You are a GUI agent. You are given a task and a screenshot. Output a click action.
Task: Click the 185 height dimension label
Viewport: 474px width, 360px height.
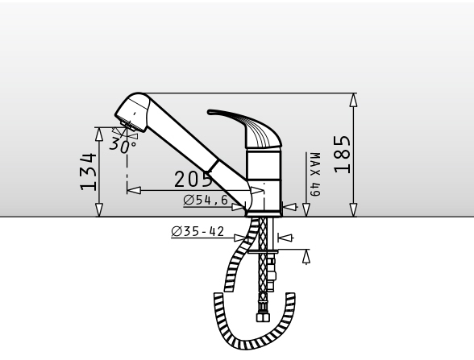pos(343,155)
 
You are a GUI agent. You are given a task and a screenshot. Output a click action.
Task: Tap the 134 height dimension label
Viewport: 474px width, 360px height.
pos(89,172)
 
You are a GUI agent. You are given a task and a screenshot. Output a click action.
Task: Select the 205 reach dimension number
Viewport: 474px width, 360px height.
pos(193,179)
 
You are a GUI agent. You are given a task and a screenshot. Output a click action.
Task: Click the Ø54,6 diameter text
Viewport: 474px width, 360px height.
pos(206,200)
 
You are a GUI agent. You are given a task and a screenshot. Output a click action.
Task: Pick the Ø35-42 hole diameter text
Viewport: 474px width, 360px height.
pos(197,232)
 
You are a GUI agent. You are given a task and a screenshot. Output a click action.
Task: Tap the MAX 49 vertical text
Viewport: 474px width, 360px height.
pos(315,174)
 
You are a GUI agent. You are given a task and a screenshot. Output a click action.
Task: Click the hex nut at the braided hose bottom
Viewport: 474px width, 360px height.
pos(263,317)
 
